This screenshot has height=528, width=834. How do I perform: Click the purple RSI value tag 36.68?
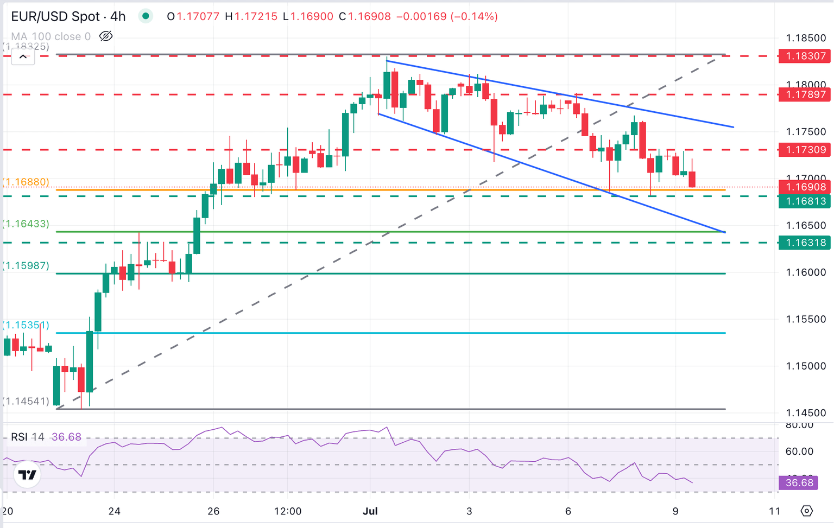[798, 482]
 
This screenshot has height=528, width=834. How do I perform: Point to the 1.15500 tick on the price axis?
[806, 319]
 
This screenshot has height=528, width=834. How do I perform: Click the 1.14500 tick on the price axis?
[806, 413]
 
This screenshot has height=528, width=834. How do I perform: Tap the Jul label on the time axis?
[370, 511]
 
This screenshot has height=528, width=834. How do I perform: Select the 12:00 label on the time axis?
[288, 511]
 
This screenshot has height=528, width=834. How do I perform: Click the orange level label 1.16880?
[27, 182]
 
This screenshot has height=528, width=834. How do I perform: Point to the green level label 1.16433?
[27, 224]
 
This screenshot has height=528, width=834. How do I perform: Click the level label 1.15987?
[27, 265]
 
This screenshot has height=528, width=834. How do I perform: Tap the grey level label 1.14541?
[27, 401]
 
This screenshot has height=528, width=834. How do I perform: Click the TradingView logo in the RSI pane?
[27, 475]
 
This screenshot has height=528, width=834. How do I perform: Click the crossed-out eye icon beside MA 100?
[106, 36]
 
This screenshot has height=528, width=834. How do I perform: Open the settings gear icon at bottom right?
[807, 511]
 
